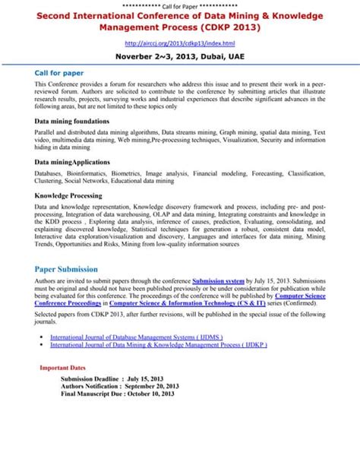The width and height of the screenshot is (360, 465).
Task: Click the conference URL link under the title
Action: [180, 43]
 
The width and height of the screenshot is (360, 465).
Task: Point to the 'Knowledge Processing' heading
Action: [68, 195]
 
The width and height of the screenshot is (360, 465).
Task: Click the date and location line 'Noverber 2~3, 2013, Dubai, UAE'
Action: [180, 57]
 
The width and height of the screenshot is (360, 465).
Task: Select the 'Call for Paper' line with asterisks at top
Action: [180, 5]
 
